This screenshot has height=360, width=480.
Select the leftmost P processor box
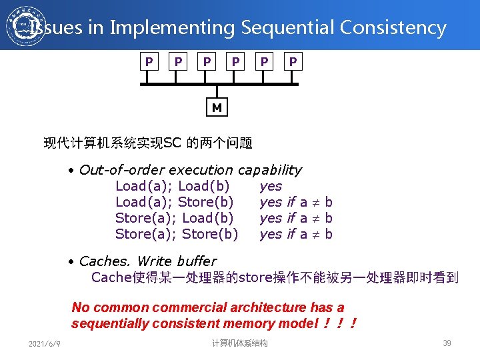pyautogui.click(x=149, y=62)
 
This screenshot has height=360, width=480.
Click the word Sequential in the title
pyautogui.click(x=288, y=28)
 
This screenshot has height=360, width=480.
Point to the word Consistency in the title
pyautogui.click(x=393, y=28)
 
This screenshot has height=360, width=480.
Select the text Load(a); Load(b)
pyautogui.click(x=173, y=186)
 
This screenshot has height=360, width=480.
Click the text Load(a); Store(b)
pyautogui.click(x=175, y=202)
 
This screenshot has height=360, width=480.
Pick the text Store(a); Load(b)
pyautogui.click(x=175, y=218)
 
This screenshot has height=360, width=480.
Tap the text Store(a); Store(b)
pyautogui.click(x=177, y=234)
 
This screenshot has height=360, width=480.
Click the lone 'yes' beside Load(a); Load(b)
pyautogui.click(x=271, y=186)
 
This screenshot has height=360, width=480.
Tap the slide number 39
pyautogui.click(x=447, y=343)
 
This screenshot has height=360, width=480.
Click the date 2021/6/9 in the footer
pyautogui.click(x=45, y=343)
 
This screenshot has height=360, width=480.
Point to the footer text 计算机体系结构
pyautogui.click(x=239, y=343)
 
